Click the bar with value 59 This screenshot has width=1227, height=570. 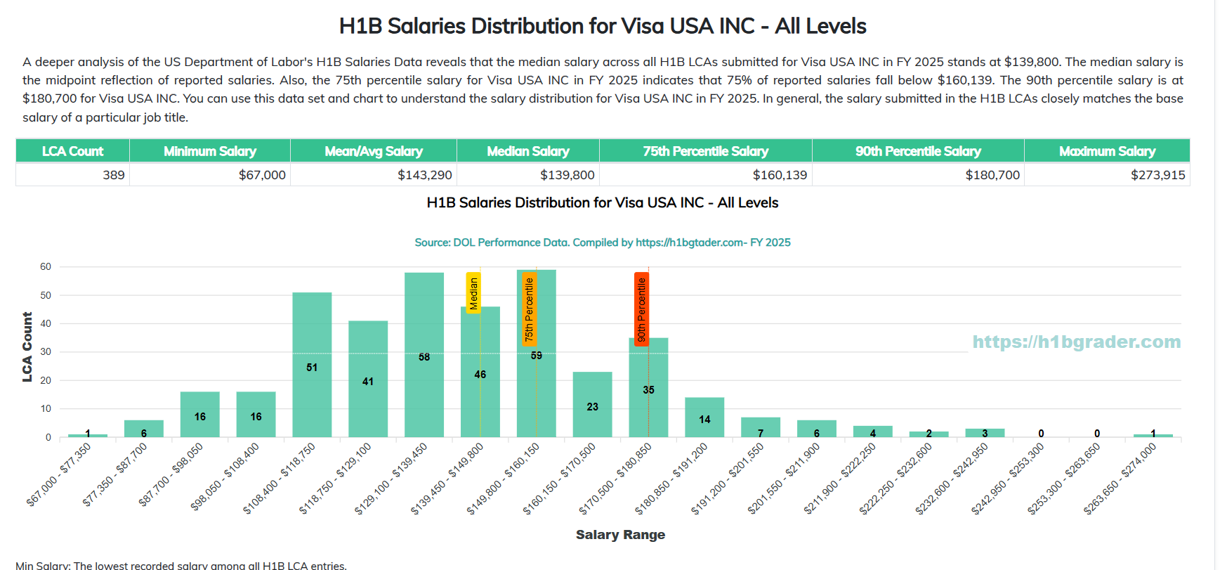click(x=536, y=380)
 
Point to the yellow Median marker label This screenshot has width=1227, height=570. click(x=473, y=292)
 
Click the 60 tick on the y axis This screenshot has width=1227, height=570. click(x=46, y=267)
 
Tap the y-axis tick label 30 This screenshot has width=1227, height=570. click(x=46, y=352)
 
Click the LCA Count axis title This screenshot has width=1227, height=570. click(x=27, y=347)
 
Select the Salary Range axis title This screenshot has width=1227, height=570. click(x=620, y=535)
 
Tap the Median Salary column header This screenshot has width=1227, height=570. click(x=528, y=151)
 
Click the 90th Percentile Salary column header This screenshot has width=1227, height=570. click(x=918, y=151)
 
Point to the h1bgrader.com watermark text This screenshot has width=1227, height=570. click(x=1076, y=342)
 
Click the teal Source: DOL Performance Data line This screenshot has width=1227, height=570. click(x=603, y=242)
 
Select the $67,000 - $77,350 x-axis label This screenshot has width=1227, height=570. click(x=59, y=474)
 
